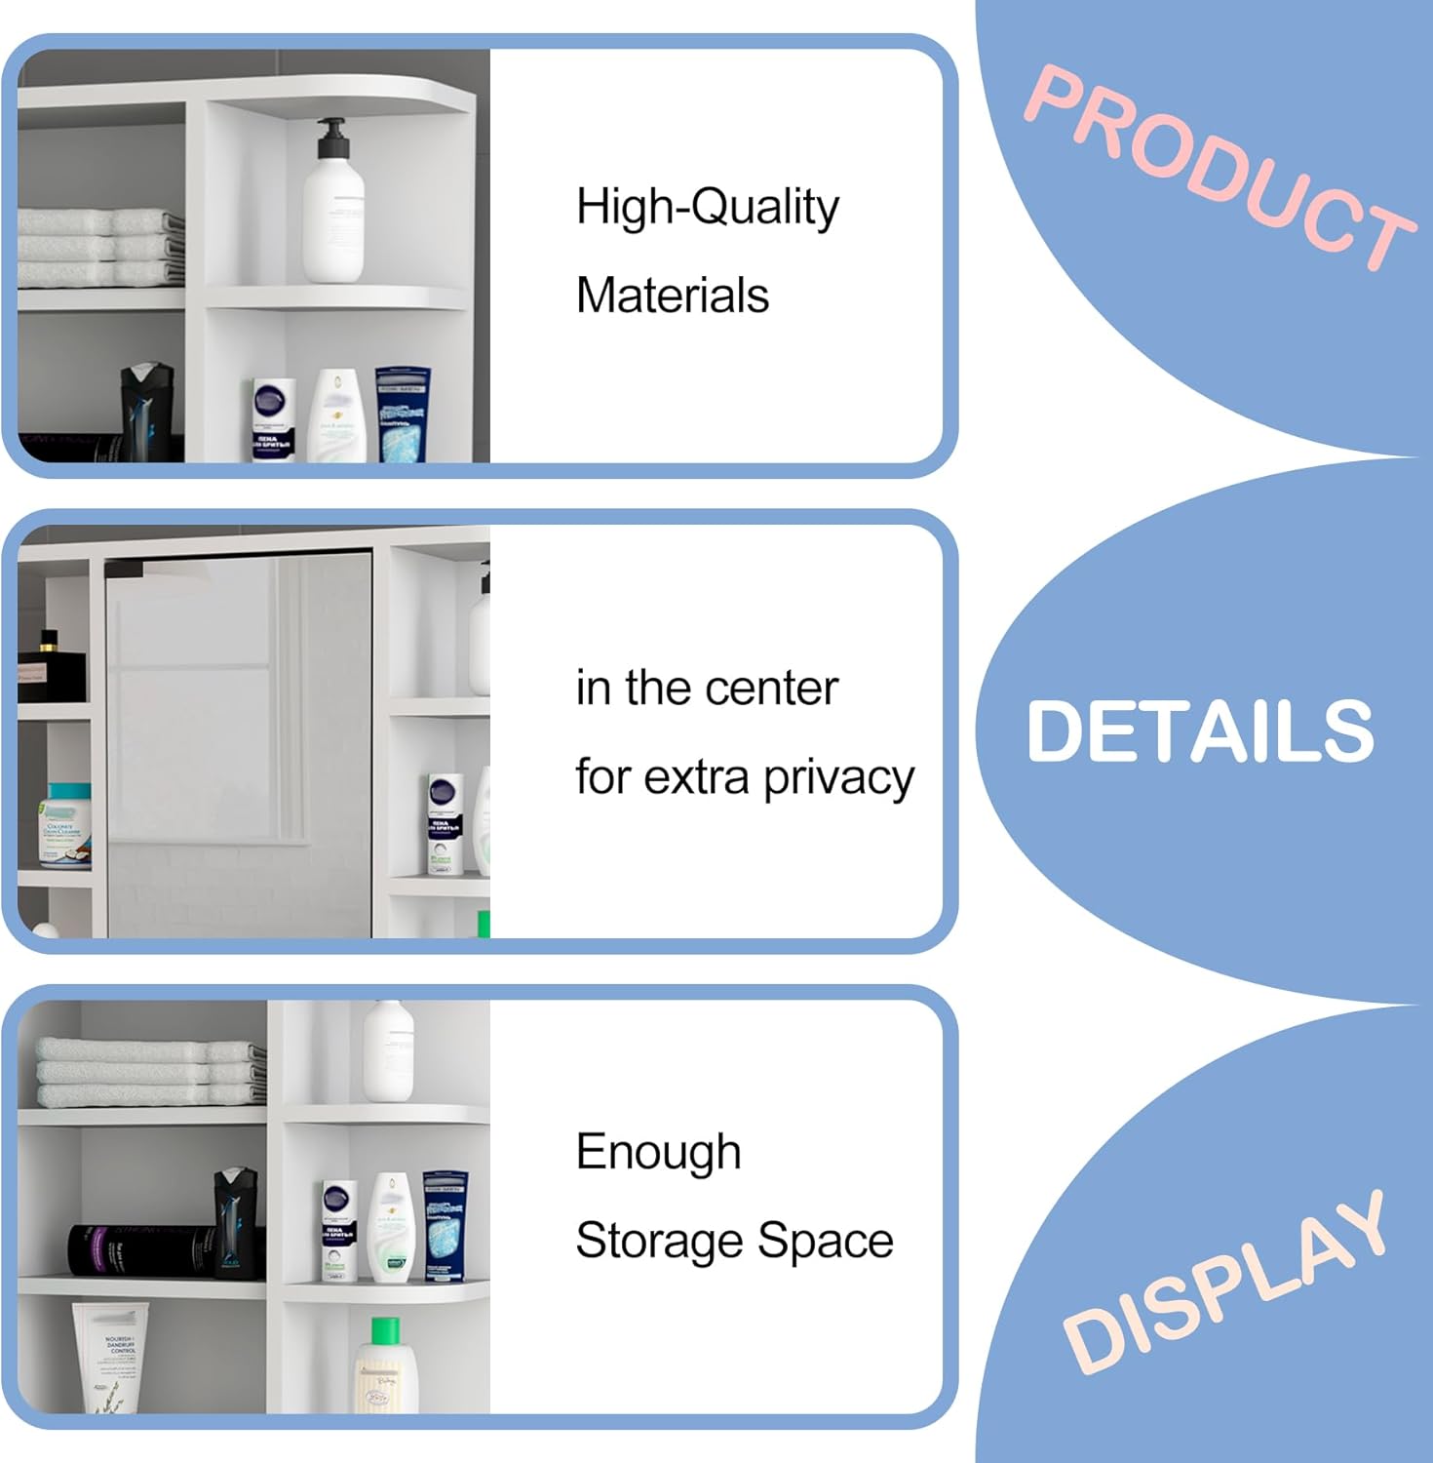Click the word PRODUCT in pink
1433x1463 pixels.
pos(1219,166)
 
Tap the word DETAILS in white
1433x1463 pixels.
pos(1200,731)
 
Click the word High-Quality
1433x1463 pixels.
pos(707,208)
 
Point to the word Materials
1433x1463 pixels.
pos(672,296)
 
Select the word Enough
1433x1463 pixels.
pos(658,1153)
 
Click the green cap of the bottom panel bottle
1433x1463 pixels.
pos(385,1329)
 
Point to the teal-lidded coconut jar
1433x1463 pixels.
pos(65,824)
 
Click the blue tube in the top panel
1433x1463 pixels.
pos(403,415)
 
